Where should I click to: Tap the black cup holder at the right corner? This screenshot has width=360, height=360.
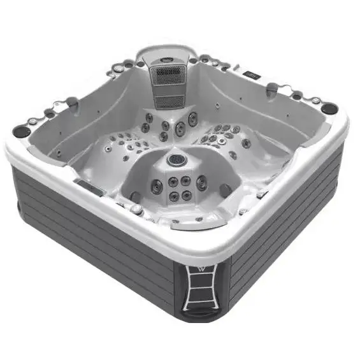click(x=329, y=108)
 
